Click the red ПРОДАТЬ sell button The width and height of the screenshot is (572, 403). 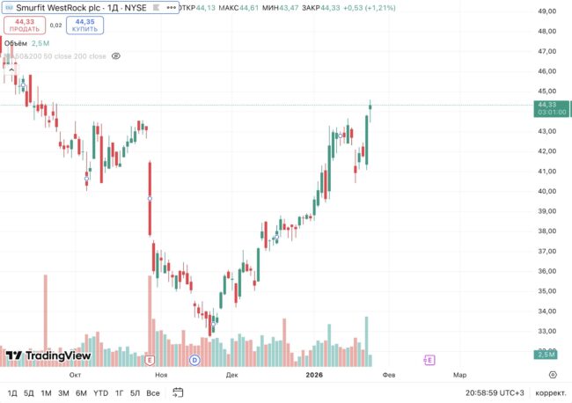pos(24,25)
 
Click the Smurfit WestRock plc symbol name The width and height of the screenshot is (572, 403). pos(58,7)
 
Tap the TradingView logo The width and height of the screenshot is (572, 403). pos(48,355)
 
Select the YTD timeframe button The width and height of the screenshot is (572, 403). pos(101,392)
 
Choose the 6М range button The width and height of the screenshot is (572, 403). pos(81,392)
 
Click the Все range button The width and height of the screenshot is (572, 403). pos(153,392)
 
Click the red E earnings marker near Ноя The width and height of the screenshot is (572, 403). pos(150,360)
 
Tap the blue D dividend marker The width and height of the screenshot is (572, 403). pos(195,360)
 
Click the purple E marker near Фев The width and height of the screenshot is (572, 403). pos(429,360)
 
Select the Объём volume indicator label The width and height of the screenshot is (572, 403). pos(16,42)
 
